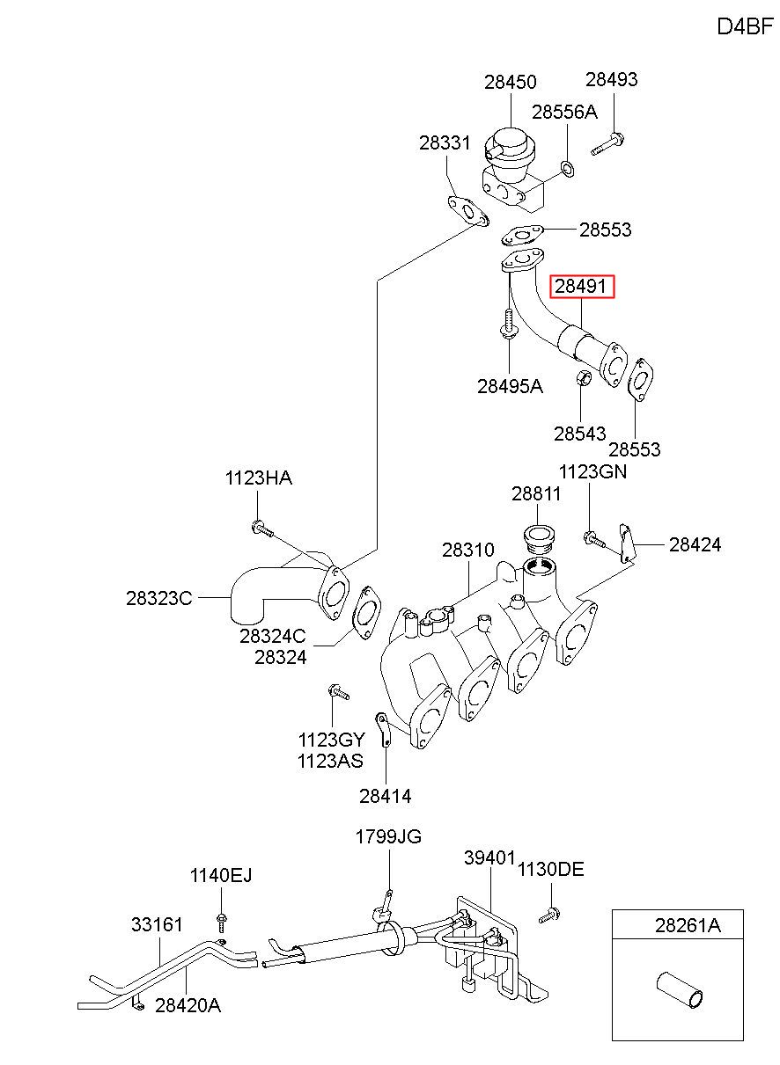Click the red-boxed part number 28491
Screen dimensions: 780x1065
(581, 286)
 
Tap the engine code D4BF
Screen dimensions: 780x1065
(746, 26)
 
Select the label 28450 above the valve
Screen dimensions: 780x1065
(510, 83)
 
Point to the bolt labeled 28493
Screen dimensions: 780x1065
(607, 144)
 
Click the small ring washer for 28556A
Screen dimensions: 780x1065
(567, 168)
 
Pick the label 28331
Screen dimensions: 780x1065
(445, 142)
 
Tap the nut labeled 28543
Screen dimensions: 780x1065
(583, 378)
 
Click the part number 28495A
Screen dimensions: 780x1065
(510, 387)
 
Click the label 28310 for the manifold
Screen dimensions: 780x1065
(468, 551)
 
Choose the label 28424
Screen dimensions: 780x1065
(695, 545)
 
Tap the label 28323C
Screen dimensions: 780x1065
(159, 598)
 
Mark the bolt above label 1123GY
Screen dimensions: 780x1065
(338, 691)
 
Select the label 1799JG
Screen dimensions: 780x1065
(388, 850)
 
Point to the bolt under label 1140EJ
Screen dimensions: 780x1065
(221, 923)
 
